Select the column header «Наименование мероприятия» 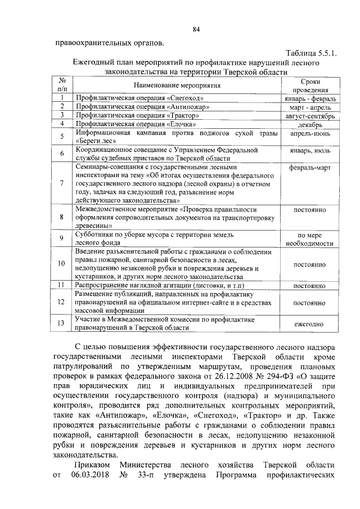pos(177,85)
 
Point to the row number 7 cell pos(62,183)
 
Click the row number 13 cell pos(62,323)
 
